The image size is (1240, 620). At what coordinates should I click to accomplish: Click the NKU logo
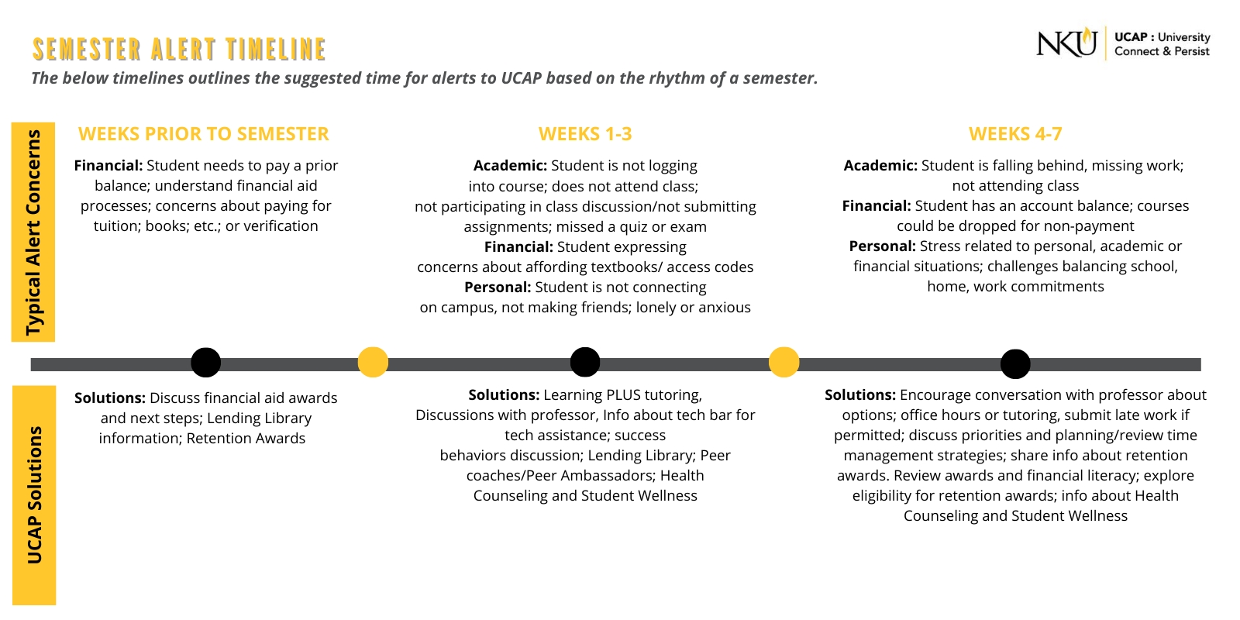1066,43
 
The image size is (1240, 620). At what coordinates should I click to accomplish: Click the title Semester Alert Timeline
179,50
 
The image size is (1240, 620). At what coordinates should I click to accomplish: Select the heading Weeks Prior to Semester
204,134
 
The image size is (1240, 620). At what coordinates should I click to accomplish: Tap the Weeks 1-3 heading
585,134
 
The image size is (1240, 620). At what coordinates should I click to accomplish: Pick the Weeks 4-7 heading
1015,134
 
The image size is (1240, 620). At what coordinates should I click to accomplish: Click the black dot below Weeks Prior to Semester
205,362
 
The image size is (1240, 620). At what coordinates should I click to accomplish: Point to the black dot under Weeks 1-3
585,362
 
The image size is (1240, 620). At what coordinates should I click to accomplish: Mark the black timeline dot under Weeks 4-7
1015,363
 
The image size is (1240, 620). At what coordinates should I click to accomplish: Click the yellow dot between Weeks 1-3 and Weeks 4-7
784,362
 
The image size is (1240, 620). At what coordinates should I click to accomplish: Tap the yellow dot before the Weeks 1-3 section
373,362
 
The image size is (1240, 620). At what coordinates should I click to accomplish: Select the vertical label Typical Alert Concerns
33,232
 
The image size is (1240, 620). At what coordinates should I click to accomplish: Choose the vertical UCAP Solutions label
34,494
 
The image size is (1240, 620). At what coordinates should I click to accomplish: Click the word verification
281,226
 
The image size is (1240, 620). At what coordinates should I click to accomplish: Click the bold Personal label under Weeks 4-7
882,246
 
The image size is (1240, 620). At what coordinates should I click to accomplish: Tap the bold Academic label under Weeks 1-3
510,166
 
